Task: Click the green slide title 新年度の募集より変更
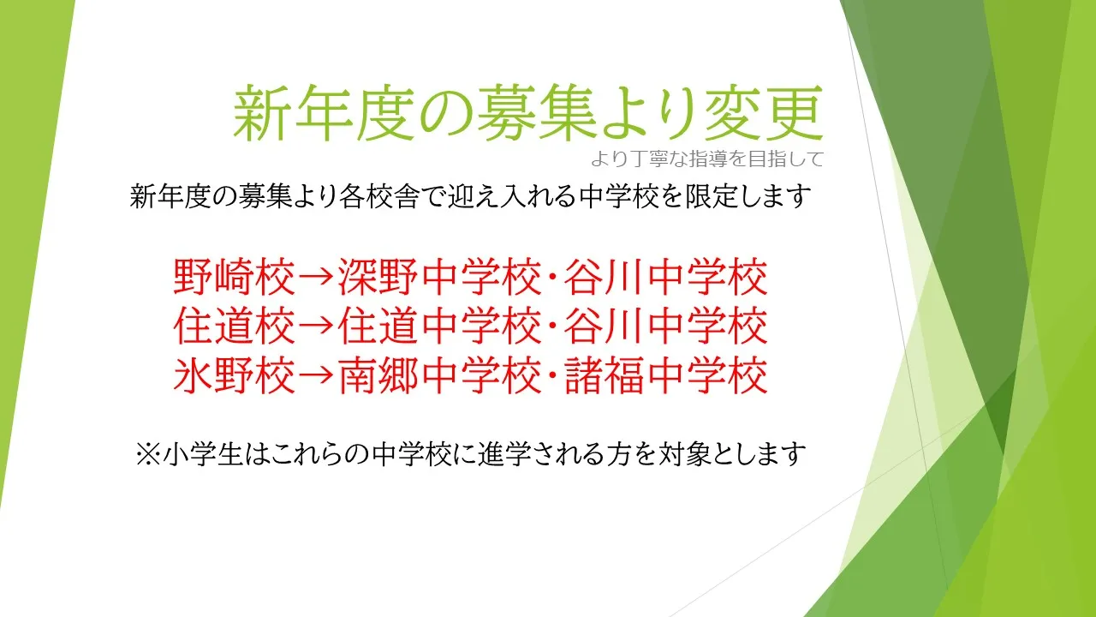pyautogui.click(x=528, y=113)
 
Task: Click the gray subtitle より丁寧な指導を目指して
pyautogui.click(x=707, y=159)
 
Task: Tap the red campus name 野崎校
pyautogui.click(x=235, y=277)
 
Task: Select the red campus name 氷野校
pyautogui.click(x=235, y=375)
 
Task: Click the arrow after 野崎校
pyautogui.click(x=317, y=278)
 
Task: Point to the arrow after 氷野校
pyautogui.click(x=317, y=376)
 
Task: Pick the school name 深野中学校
pyautogui.click(x=440, y=277)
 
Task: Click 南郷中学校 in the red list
pyautogui.click(x=440, y=375)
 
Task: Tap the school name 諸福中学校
pyautogui.click(x=666, y=375)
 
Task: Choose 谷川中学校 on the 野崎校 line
pyautogui.click(x=666, y=277)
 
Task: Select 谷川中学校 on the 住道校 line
pyautogui.click(x=666, y=326)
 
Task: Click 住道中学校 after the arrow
pyautogui.click(x=440, y=326)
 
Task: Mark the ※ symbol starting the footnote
pyautogui.click(x=148, y=454)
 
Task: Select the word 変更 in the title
pyautogui.click(x=764, y=113)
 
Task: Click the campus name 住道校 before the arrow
pyautogui.click(x=235, y=326)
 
